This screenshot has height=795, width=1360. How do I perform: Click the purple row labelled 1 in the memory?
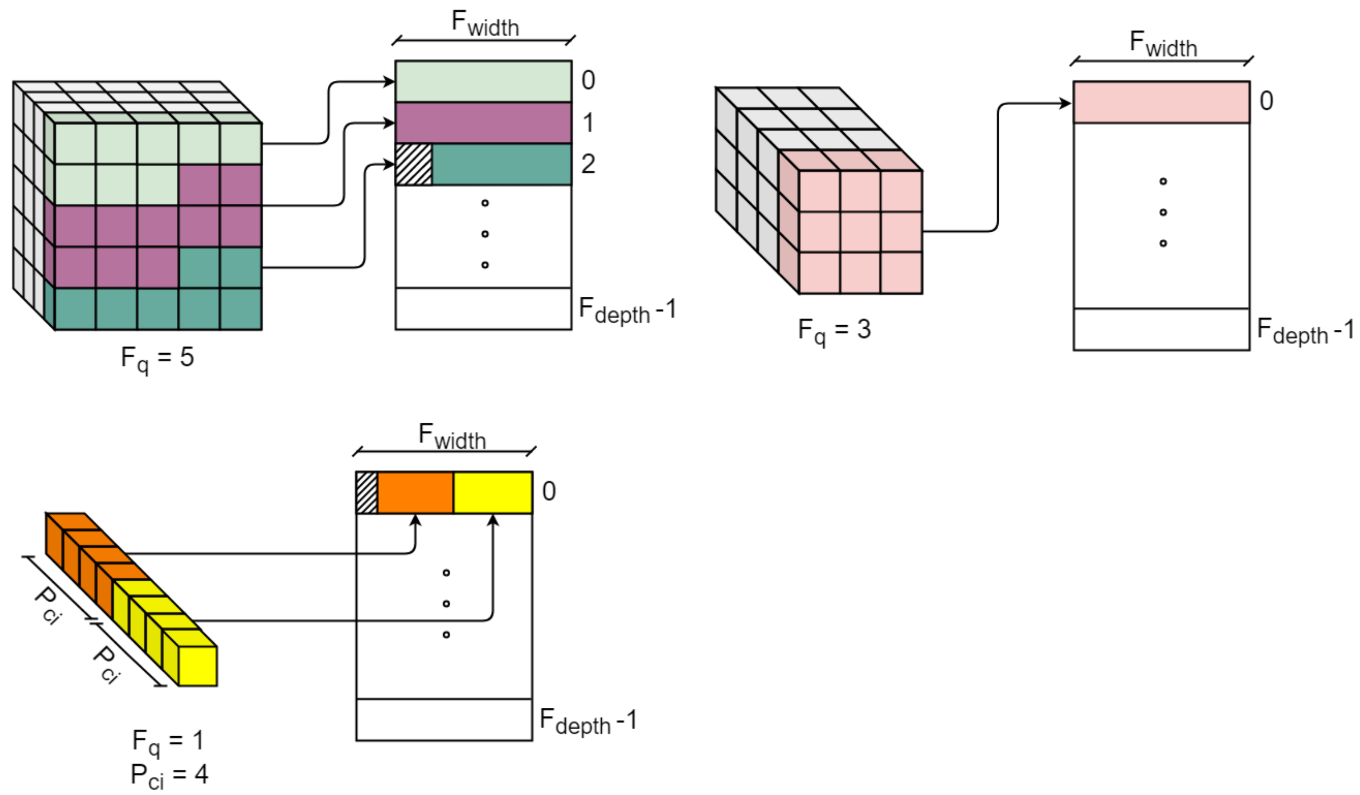pos(483,123)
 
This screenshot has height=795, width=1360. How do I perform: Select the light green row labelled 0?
pos(483,81)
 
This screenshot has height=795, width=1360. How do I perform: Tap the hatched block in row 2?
pos(414,164)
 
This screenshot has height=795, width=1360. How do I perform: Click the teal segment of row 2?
pos(501,164)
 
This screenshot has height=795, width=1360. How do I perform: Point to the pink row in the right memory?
pos(1161,102)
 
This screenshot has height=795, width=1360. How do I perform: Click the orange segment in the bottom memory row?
pos(415,492)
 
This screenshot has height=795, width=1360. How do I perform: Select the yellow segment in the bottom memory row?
pos(493,492)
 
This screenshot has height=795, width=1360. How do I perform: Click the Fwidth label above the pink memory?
pos(1163,44)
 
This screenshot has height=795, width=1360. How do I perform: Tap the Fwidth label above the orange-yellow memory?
pos(452,437)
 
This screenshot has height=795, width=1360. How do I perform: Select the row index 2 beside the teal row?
pos(588,164)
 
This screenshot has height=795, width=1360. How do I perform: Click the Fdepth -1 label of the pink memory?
pos(1304,330)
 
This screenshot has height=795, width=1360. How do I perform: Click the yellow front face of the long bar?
pos(198,666)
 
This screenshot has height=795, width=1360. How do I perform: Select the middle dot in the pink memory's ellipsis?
pos(1163,212)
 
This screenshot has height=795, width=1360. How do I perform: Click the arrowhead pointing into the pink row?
pos(1066,103)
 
